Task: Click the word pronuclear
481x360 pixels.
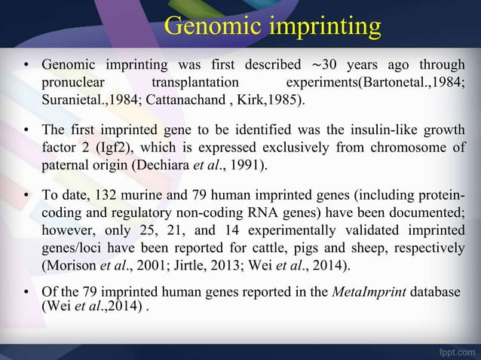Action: click(x=72, y=81)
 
